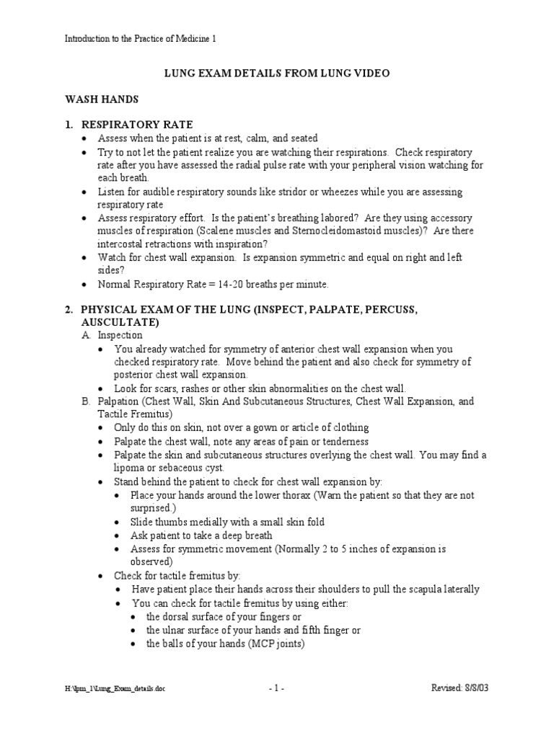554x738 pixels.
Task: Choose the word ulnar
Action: (177, 631)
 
